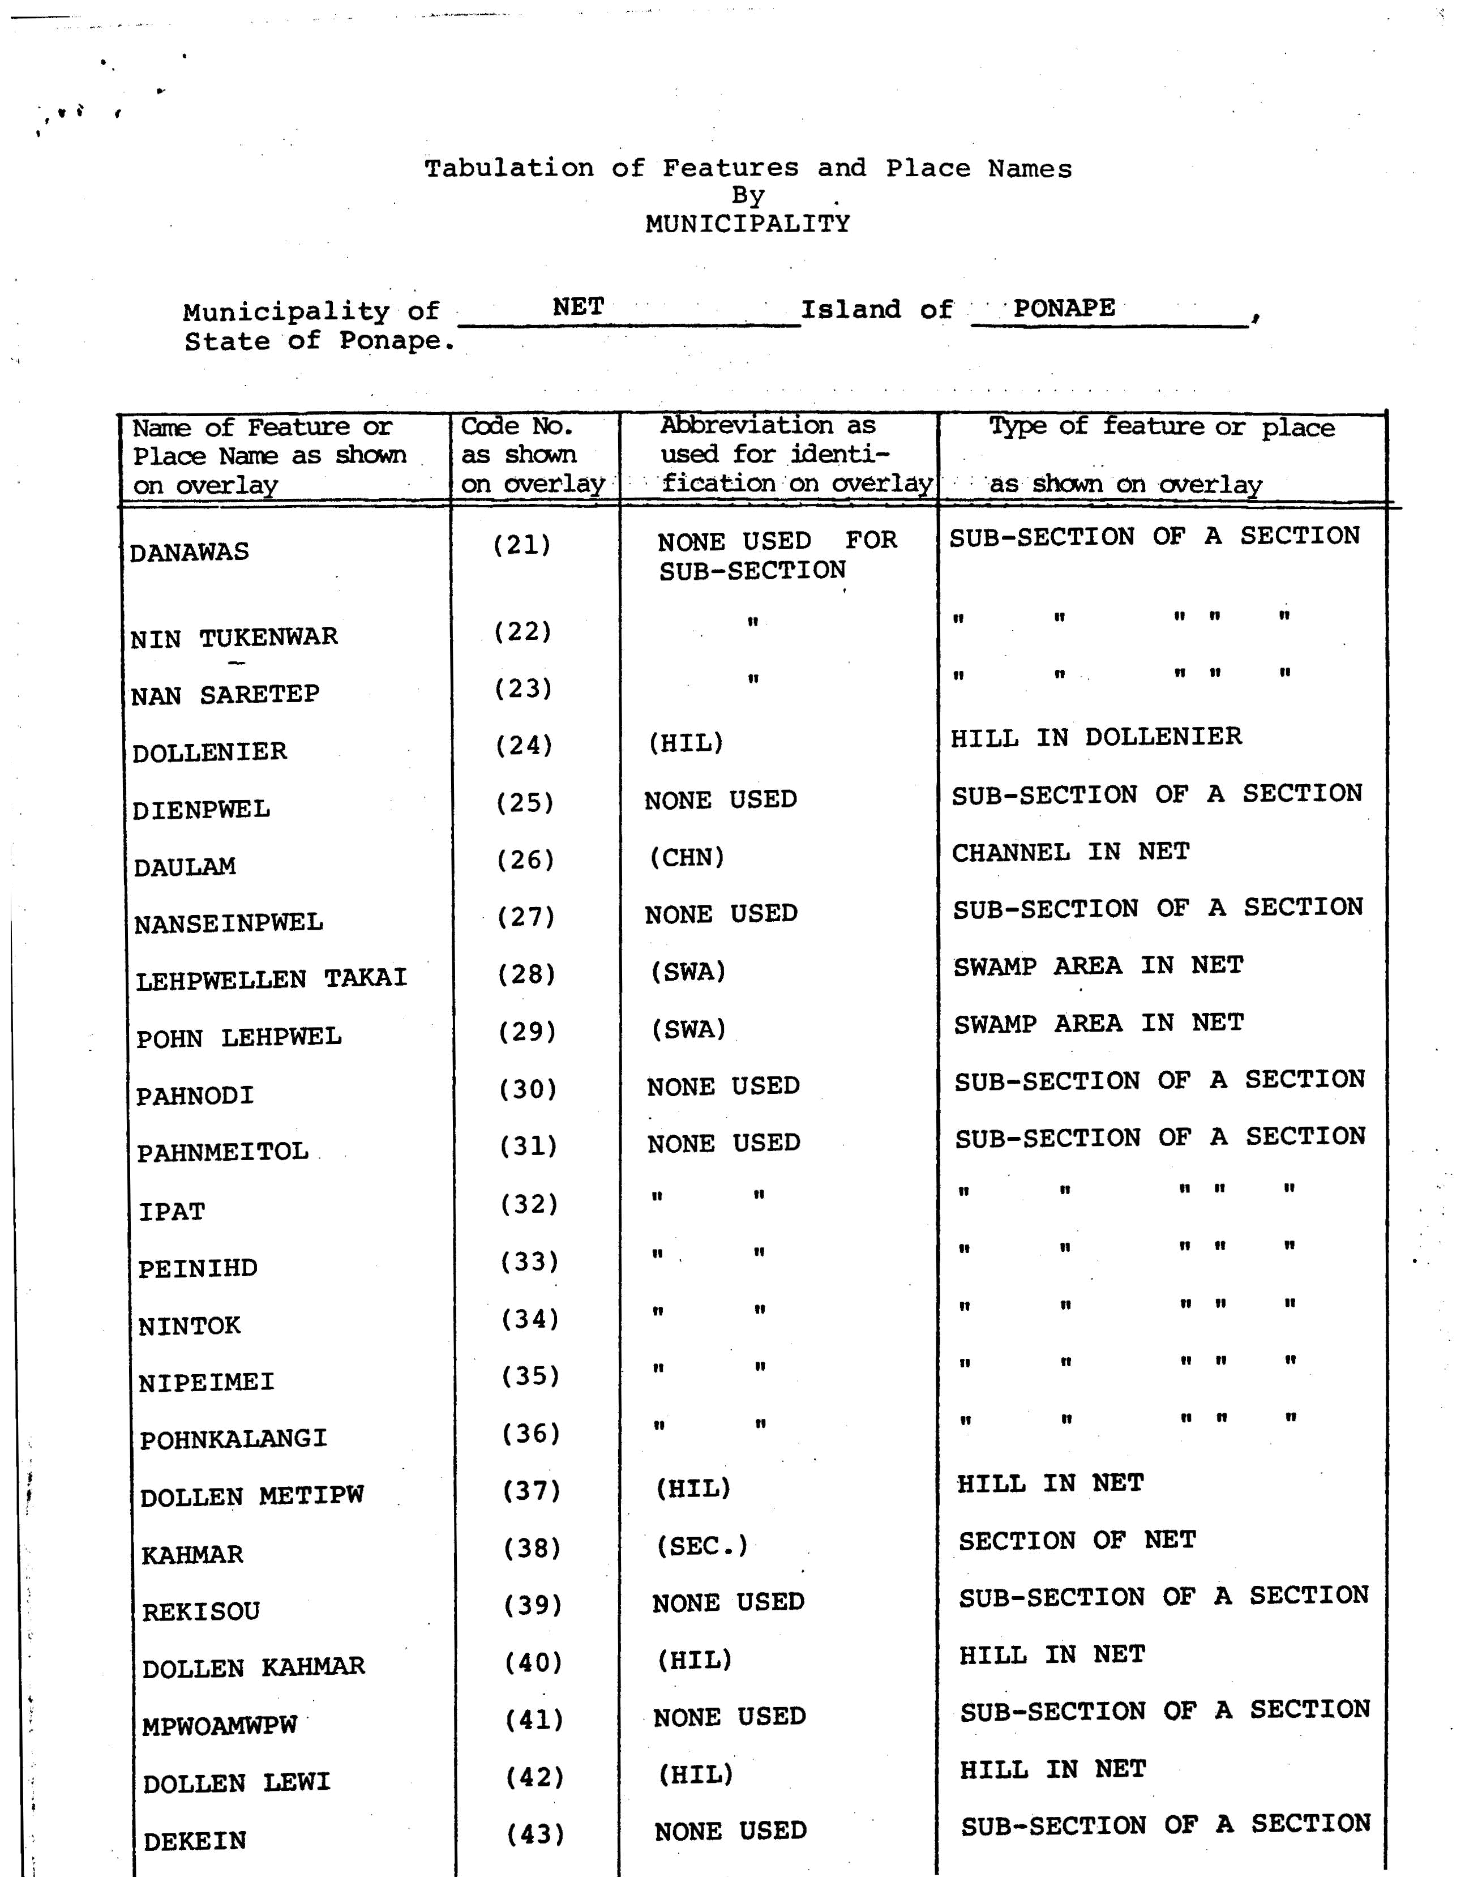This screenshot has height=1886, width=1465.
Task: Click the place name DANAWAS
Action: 189,552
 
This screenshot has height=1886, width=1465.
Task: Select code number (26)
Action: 525,860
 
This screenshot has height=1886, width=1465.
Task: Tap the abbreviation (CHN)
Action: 686,858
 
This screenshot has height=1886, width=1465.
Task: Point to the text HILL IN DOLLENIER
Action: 1095,737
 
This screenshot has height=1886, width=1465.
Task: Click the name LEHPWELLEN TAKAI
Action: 271,978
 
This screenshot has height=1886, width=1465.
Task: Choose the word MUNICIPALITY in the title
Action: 748,225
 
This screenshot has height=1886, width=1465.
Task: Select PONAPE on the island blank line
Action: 1064,308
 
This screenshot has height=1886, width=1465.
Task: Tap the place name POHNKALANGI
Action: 234,1439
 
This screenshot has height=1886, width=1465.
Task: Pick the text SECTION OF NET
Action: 1077,1539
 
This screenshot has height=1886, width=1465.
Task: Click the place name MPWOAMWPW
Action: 219,1725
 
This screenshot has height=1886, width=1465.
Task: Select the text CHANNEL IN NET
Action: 1070,852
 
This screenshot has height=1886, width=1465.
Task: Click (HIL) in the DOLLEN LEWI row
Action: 696,1774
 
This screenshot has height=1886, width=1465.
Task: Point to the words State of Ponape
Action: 319,341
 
